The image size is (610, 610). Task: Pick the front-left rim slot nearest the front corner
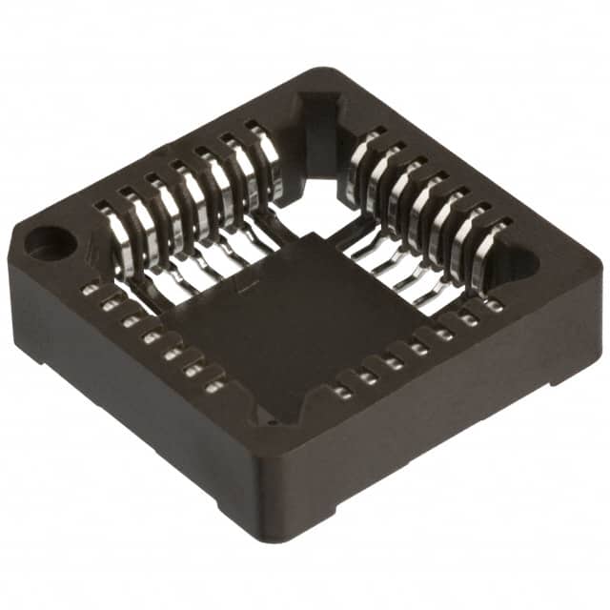point(215,387)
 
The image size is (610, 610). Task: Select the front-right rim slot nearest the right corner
point(494,305)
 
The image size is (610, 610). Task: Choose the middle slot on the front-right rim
point(418,349)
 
